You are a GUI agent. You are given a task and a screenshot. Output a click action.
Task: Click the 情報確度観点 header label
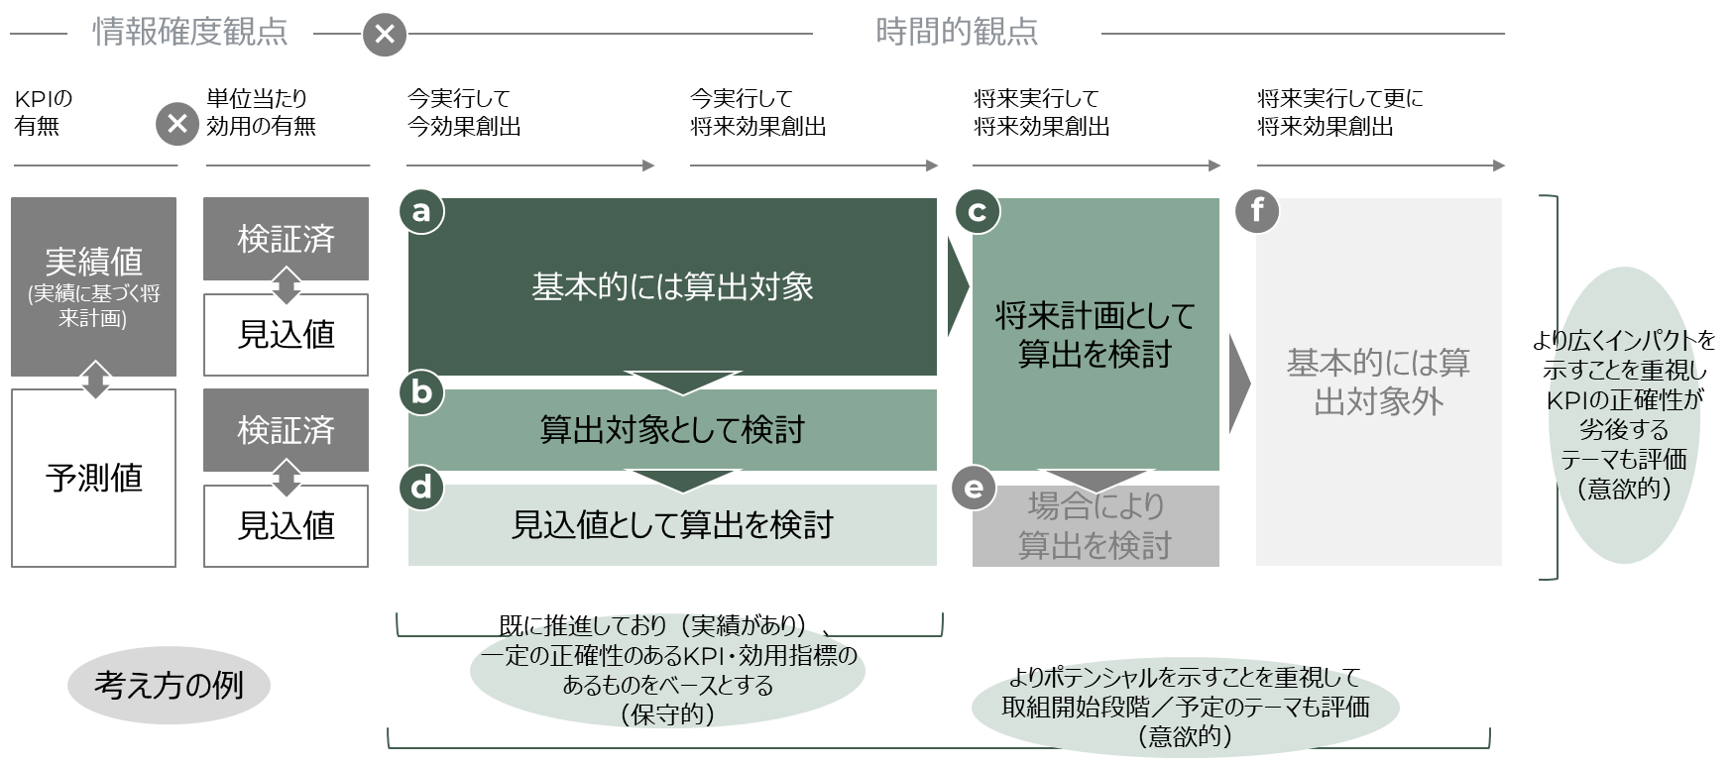(x=189, y=33)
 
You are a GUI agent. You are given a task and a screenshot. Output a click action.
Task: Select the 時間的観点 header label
(x=956, y=33)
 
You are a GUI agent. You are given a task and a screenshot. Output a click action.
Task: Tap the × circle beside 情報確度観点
(x=385, y=35)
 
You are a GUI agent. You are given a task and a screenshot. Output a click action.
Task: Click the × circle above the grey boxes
(x=177, y=125)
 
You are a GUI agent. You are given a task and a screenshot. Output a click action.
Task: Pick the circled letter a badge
(x=421, y=212)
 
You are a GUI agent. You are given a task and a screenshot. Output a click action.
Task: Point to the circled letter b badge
(x=421, y=393)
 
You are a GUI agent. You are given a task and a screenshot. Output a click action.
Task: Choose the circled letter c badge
(x=977, y=212)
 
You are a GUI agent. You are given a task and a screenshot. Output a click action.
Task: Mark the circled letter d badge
(x=421, y=488)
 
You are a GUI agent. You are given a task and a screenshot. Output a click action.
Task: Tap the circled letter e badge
(x=974, y=488)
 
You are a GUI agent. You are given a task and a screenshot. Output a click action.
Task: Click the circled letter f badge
(x=1257, y=212)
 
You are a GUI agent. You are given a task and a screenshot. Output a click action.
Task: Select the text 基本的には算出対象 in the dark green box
(x=672, y=287)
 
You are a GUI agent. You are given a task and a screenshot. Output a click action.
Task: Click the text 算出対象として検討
(x=672, y=430)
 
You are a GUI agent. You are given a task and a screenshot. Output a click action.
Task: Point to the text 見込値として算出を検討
(x=672, y=524)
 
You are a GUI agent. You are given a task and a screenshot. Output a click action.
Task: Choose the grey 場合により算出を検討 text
(x=1095, y=526)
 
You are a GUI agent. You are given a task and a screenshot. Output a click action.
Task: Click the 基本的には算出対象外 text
(x=1378, y=382)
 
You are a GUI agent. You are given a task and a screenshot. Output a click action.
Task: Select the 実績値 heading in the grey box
(x=94, y=262)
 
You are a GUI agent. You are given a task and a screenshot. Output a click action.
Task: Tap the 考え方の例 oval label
(x=169, y=685)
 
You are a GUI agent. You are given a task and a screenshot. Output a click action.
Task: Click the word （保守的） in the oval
(x=666, y=714)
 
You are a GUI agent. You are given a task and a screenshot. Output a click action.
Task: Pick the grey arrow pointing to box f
(x=1239, y=382)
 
